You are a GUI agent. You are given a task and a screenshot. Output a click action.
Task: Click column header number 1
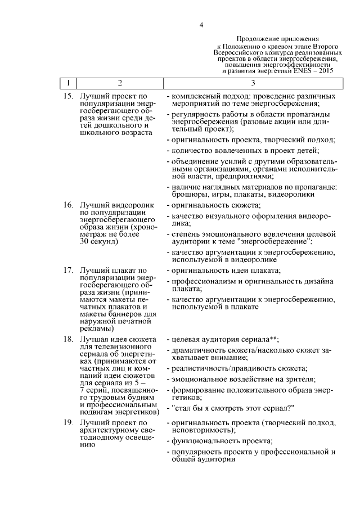point(68,83)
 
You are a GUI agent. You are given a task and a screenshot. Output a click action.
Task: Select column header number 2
point(119,83)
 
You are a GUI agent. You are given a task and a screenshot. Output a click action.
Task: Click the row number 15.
point(68,96)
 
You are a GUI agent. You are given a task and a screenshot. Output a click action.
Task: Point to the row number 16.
point(68,206)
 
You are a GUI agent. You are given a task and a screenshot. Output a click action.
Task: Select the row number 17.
point(68,271)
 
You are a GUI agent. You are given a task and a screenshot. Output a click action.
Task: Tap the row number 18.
point(68,340)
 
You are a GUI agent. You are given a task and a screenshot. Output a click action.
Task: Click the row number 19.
point(68,421)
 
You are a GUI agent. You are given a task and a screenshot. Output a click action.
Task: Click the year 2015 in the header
point(325,72)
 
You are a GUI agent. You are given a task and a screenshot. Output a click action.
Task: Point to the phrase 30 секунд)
point(100,242)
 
